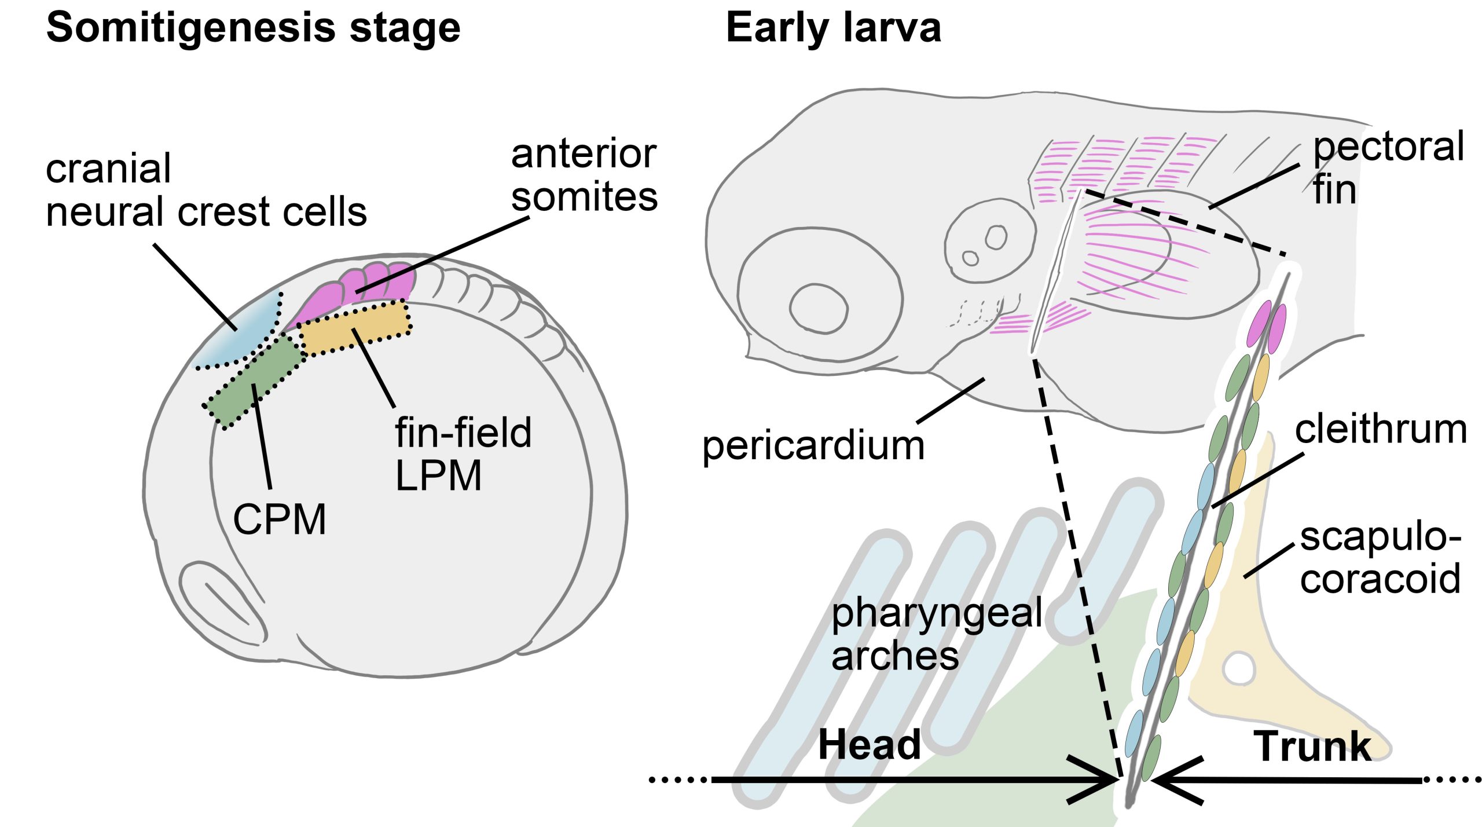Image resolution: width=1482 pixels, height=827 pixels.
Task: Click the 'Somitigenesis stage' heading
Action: click(x=253, y=28)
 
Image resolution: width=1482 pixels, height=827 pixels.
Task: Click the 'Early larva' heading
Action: click(x=833, y=28)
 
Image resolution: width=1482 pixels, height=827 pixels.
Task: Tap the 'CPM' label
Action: click(x=280, y=519)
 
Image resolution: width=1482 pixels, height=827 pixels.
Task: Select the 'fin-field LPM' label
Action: click(x=463, y=454)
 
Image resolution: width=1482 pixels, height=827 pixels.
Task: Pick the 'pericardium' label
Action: click(x=813, y=446)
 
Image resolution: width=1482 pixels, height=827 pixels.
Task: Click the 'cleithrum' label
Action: click(x=1381, y=430)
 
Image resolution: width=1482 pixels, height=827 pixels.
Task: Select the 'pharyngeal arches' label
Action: click(x=937, y=634)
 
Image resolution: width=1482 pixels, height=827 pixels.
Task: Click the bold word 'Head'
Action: click(x=869, y=745)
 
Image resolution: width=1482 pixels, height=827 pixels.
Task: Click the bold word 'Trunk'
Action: click(x=1312, y=747)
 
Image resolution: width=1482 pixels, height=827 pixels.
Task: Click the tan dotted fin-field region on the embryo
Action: click(x=355, y=328)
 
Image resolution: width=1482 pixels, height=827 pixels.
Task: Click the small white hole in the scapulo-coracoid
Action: click(x=1238, y=669)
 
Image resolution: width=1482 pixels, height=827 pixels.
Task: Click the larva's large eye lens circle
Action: click(x=818, y=308)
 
